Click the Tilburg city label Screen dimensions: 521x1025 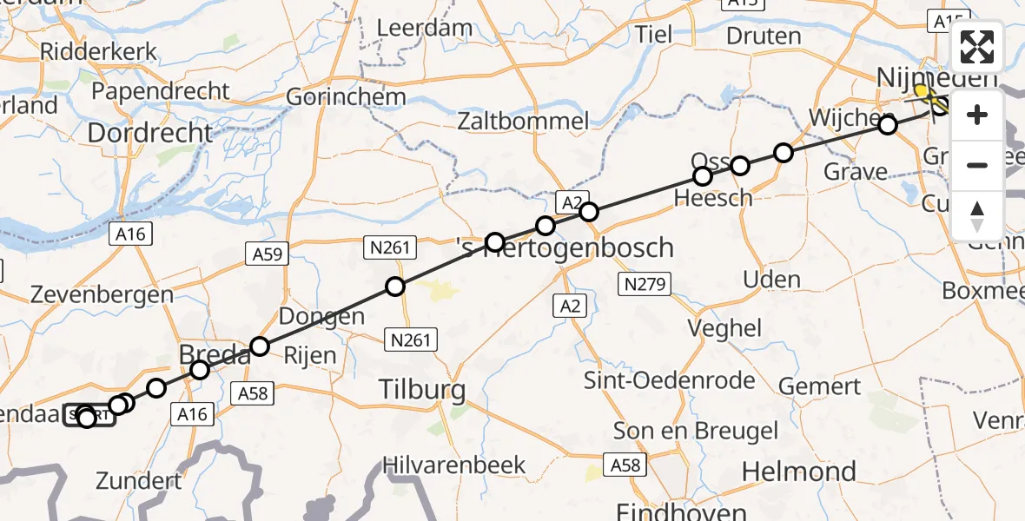[x=422, y=390]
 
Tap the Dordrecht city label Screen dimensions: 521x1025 [x=150, y=133]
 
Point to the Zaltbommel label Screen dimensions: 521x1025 [x=524, y=121]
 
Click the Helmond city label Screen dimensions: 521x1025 [x=799, y=472]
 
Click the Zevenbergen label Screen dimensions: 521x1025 [x=102, y=294]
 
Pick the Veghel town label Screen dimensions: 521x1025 [x=724, y=328]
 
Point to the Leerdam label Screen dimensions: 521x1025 [x=424, y=28]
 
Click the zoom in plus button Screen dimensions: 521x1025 [x=977, y=115]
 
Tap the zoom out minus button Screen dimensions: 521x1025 [x=977, y=165]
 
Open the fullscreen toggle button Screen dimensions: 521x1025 [x=977, y=47]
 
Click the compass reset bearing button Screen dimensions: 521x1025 [x=977, y=215]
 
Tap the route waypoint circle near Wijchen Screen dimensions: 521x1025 [x=887, y=125]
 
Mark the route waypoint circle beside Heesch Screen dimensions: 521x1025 [x=703, y=176]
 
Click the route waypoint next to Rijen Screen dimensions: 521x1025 [x=259, y=346]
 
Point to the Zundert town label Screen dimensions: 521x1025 [x=139, y=480]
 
